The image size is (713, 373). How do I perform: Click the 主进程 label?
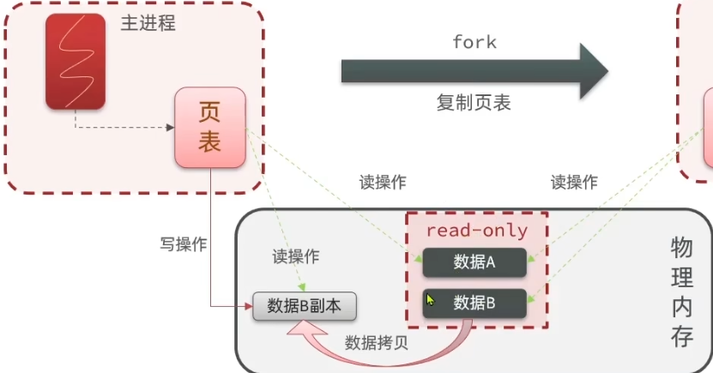148,23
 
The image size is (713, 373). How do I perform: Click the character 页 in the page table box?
210,111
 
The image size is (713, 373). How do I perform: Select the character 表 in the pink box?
210,141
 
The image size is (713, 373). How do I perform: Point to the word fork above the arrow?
474,42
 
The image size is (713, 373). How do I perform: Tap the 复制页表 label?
473,104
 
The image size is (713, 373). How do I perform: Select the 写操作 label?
184,244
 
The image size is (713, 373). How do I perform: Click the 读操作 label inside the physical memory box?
296,256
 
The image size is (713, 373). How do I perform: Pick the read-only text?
477,231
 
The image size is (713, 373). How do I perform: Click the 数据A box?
474,262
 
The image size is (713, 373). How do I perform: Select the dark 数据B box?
474,302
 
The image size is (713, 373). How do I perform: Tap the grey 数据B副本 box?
305,306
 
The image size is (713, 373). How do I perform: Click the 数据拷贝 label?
376,343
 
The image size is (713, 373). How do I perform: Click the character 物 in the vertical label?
682,248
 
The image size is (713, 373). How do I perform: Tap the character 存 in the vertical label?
682,337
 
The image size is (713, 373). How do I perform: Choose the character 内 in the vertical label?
682,307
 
